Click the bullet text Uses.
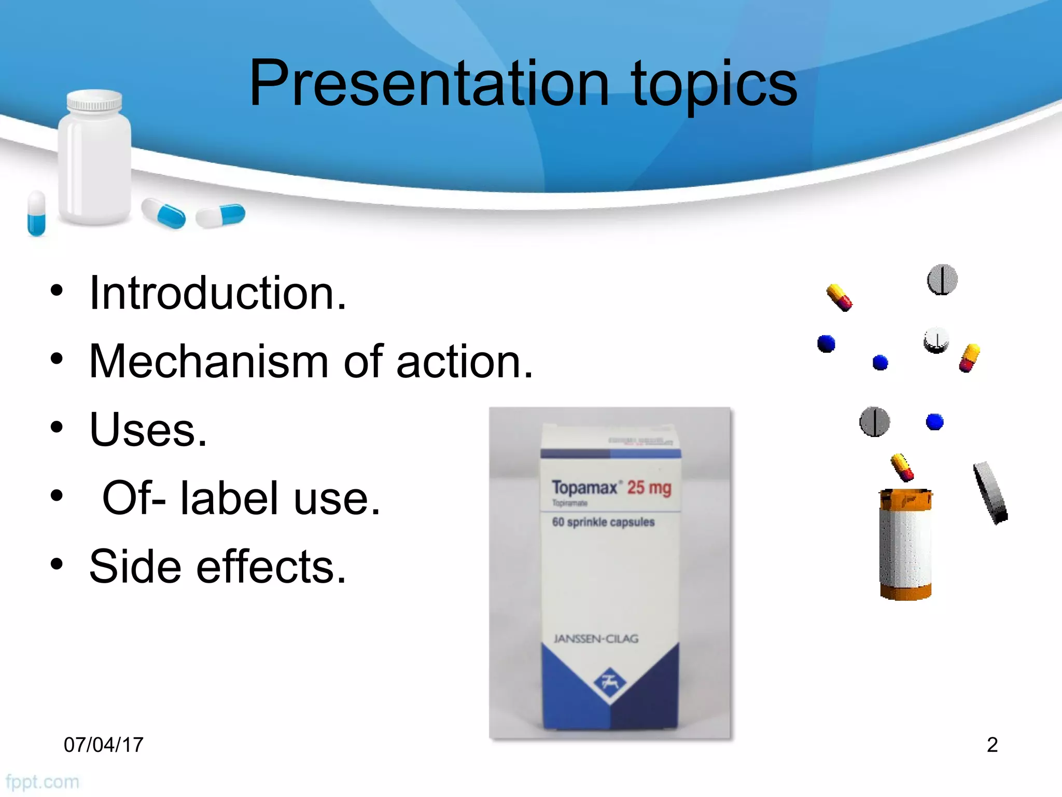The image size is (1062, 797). coord(148,430)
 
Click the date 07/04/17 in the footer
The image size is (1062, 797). coord(103,745)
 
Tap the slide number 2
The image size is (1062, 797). coord(992,745)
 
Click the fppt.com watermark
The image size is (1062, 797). coord(43,782)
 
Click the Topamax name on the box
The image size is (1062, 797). coord(585,488)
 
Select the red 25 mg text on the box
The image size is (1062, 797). coord(649,488)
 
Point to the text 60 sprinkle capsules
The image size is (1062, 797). coord(603,522)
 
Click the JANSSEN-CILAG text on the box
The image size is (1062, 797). coord(596,639)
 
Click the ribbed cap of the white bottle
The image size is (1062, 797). coord(94,101)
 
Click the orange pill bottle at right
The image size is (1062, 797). coord(905,545)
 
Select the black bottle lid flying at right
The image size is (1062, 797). coord(990,493)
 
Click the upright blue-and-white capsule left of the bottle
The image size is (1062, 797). coord(36,213)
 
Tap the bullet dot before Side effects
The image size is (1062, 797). coord(57,564)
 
